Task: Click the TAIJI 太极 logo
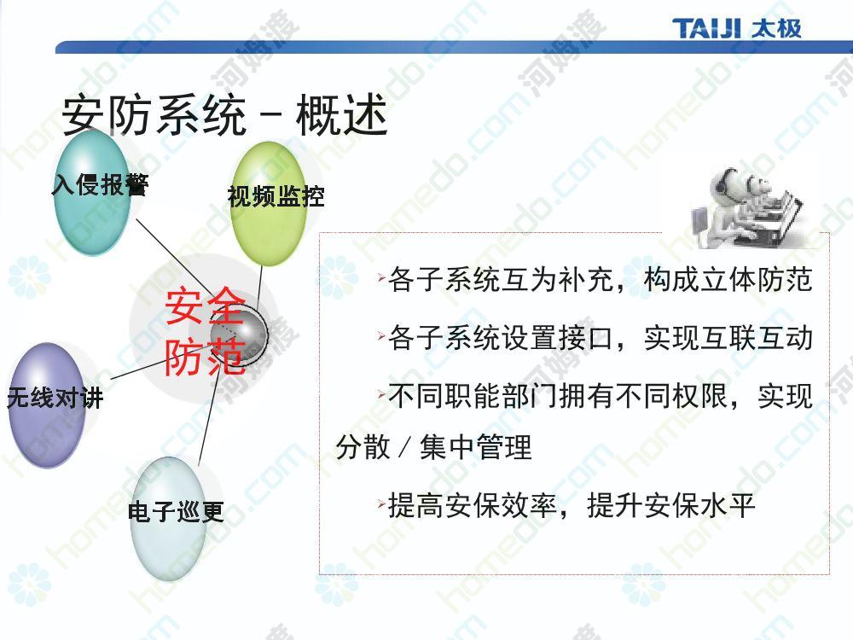click(x=736, y=28)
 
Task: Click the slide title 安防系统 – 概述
click(x=224, y=114)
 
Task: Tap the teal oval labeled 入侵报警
click(x=92, y=192)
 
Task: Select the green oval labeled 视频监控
click(x=268, y=204)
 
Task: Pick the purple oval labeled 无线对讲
click(x=47, y=405)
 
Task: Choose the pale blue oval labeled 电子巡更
click(x=169, y=519)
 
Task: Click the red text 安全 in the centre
click(x=205, y=306)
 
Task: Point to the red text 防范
click(x=205, y=357)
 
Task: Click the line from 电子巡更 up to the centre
click(x=208, y=418)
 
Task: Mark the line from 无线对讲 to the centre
click(x=138, y=369)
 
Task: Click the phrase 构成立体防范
click(x=728, y=280)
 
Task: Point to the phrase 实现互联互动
click(x=728, y=338)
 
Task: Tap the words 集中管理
click(x=475, y=447)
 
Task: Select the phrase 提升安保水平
click(x=671, y=505)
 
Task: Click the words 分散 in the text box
click(x=363, y=447)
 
